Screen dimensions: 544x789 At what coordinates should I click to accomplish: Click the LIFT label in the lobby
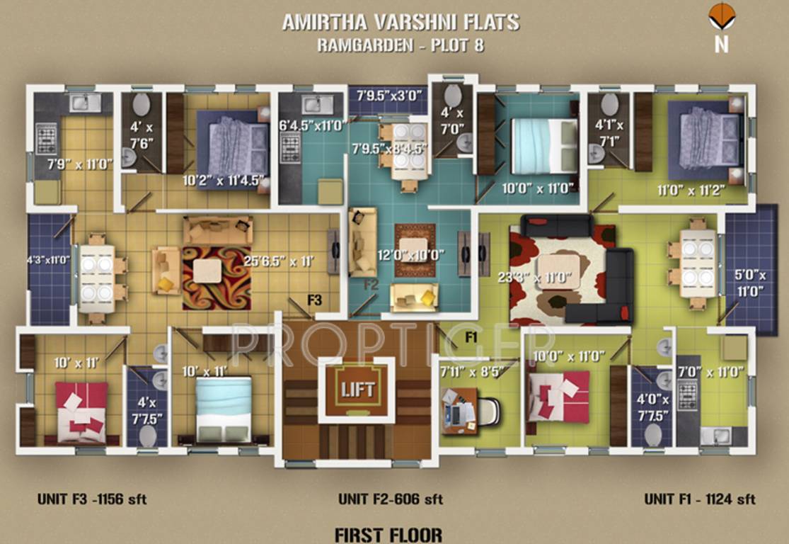[357, 389]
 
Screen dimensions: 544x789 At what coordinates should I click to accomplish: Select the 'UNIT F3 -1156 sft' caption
[92, 499]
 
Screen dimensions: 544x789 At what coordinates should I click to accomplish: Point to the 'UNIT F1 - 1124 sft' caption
[699, 499]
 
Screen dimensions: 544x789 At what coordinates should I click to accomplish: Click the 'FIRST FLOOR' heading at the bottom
[388, 533]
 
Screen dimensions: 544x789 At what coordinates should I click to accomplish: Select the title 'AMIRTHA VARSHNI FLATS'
[401, 22]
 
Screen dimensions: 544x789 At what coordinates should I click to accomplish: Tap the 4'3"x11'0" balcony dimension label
[49, 260]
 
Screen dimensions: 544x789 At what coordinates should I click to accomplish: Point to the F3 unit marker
[314, 300]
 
